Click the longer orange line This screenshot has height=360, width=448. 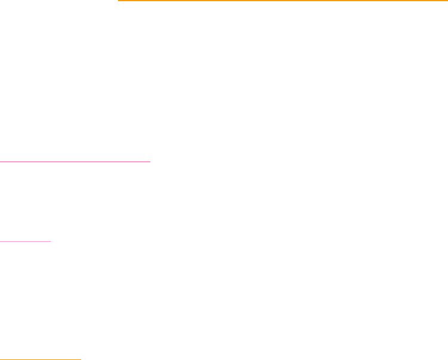click(x=282, y=1)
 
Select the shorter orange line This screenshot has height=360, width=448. click(x=40, y=359)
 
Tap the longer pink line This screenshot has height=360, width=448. click(x=75, y=161)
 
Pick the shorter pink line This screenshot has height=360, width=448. click(x=25, y=241)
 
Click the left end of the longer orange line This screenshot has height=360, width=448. click(x=118, y=1)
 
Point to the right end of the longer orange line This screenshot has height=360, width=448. click(x=447, y=1)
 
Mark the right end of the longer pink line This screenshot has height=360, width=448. click(x=151, y=161)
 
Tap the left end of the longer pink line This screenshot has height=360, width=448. click(x=0, y=161)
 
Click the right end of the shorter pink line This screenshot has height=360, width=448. click(x=51, y=241)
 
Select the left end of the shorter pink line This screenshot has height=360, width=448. click(x=0, y=241)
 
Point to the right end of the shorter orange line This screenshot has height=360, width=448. click(x=81, y=359)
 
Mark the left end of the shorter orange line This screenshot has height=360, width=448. click(x=0, y=359)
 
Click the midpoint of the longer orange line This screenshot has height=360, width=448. click(x=282, y=1)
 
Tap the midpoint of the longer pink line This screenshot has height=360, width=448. click(x=75, y=161)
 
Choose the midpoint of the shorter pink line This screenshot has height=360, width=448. click(x=25, y=241)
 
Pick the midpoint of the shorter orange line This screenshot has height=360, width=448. click(x=40, y=359)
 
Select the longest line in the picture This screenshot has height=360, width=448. click(x=282, y=1)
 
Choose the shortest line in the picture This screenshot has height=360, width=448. click(x=25, y=241)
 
